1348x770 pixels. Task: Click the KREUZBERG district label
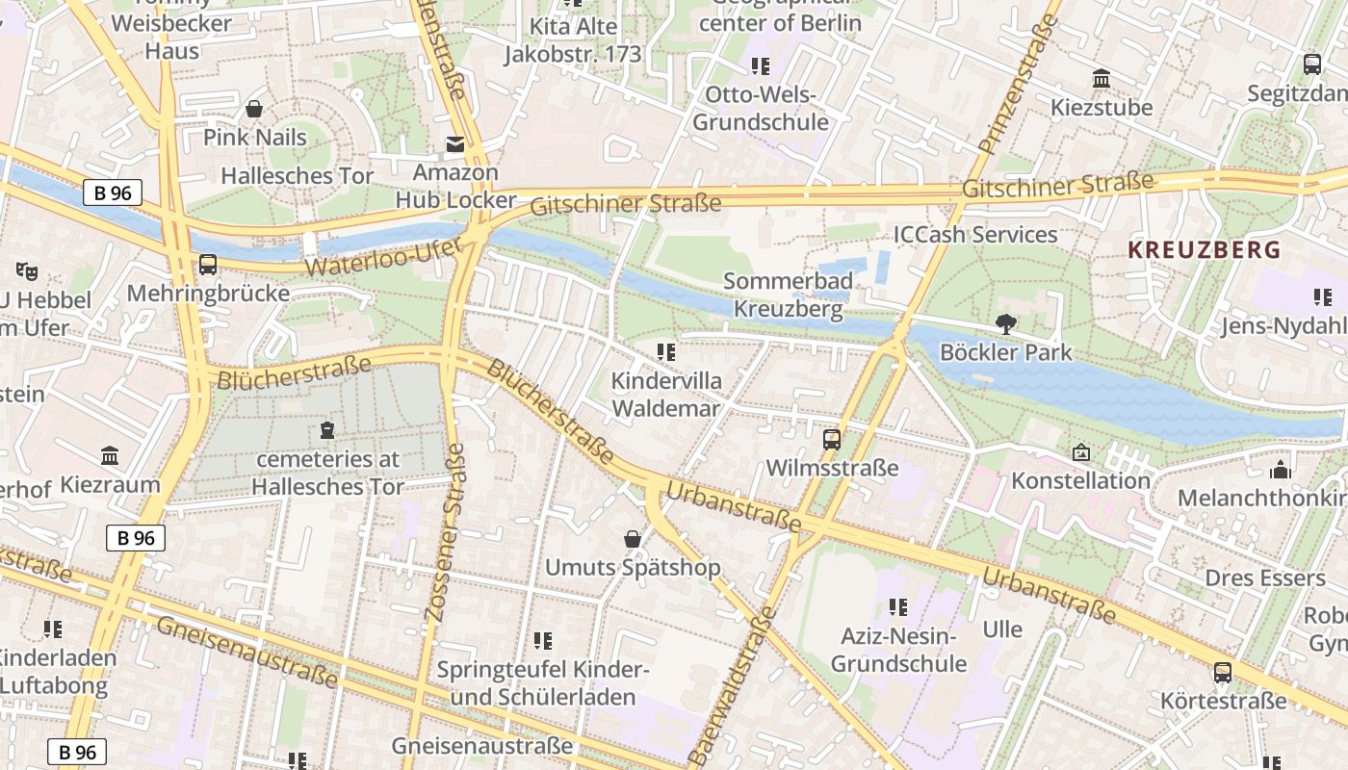(x=1204, y=250)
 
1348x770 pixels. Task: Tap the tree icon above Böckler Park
(x=1006, y=324)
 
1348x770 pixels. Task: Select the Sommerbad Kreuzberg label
(x=788, y=295)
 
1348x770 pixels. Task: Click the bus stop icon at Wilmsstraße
(x=831, y=440)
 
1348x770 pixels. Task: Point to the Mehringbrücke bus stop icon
(x=208, y=265)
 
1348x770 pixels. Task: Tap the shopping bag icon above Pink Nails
(x=254, y=109)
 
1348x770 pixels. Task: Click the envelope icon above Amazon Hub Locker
(x=454, y=145)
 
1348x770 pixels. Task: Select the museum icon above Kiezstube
(x=1101, y=78)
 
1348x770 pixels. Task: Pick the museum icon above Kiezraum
(x=110, y=455)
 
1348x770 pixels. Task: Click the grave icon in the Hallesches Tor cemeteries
(x=327, y=430)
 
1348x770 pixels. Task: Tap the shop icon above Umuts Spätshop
(x=633, y=539)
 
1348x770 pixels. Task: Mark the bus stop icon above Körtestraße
(x=1222, y=672)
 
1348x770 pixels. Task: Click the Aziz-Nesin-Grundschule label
(x=898, y=650)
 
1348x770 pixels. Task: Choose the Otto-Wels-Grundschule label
(x=761, y=109)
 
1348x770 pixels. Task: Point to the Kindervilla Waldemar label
(x=665, y=395)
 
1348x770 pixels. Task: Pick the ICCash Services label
(x=975, y=235)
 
